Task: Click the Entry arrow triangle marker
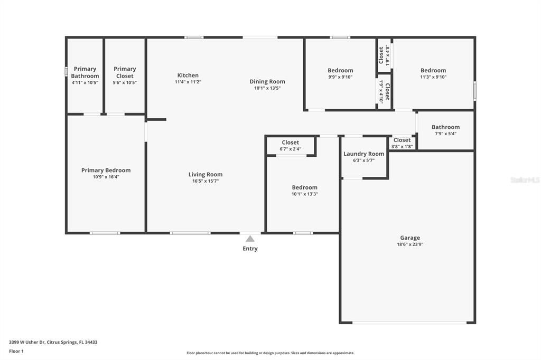pyautogui.click(x=250, y=239)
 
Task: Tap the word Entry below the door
pyautogui.click(x=250, y=249)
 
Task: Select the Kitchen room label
pyautogui.click(x=188, y=75)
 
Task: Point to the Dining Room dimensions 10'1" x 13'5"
pyautogui.click(x=267, y=88)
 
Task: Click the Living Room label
pyautogui.click(x=206, y=175)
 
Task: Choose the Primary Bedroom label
pyautogui.click(x=106, y=170)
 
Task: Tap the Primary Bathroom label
pyautogui.click(x=85, y=72)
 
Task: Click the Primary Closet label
pyautogui.click(x=125, y=72)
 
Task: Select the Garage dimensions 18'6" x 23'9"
pyautogui.click(x=409, y=244)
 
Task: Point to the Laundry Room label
pyautogui.click(x=363, y=154)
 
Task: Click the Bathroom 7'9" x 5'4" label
pyautogui.click(x=445, y=127)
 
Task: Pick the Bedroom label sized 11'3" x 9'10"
pyautogui.click(x=433, y=70)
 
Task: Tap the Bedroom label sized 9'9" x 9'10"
pyautogui.click(x=340, y=70)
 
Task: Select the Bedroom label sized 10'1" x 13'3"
pyautogui.click(x=305, y=187)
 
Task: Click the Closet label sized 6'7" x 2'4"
pyautogui.click(x=290, y=143)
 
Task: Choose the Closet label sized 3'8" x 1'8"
pyautogui.click(x=402, y=140)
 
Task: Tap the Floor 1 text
pyautogui.click(x=16, y=350)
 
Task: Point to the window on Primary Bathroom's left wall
pyautogui.click(x=66, y=71)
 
